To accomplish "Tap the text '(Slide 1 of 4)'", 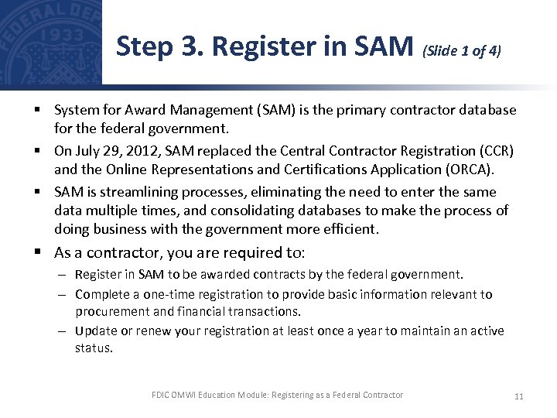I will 462,51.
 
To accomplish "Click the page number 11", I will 518,396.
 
